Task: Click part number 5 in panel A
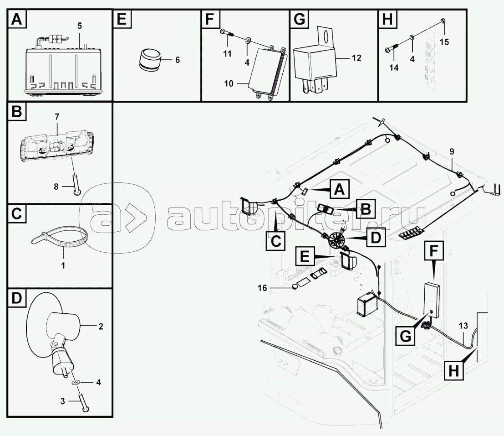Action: [x=80, y=26]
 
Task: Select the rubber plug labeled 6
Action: [x=150, y=59]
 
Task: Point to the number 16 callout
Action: [x=263, y=288]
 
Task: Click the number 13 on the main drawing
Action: [x=463, y=326]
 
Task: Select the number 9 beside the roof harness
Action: [x=452, y=151]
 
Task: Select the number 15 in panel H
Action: [x=444, y=42]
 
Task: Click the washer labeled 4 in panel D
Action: [x=76, y=383]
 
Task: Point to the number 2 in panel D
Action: [x=101, y=326]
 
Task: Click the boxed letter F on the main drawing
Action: [x=434, y=250]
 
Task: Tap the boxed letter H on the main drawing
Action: [x=453, y=371]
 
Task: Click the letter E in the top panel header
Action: [x=122, y=19]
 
